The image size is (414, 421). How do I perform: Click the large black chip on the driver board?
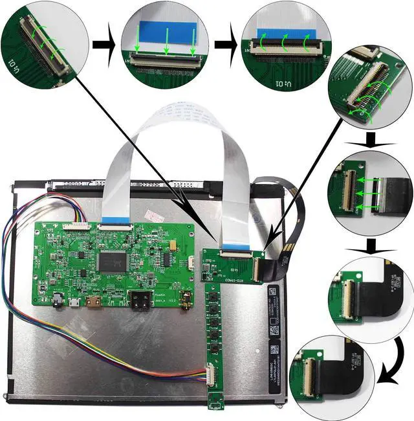(x=114, y=261)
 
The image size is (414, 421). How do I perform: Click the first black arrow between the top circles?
(x=103, y=46)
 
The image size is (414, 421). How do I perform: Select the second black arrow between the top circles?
(x=225, y=46)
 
